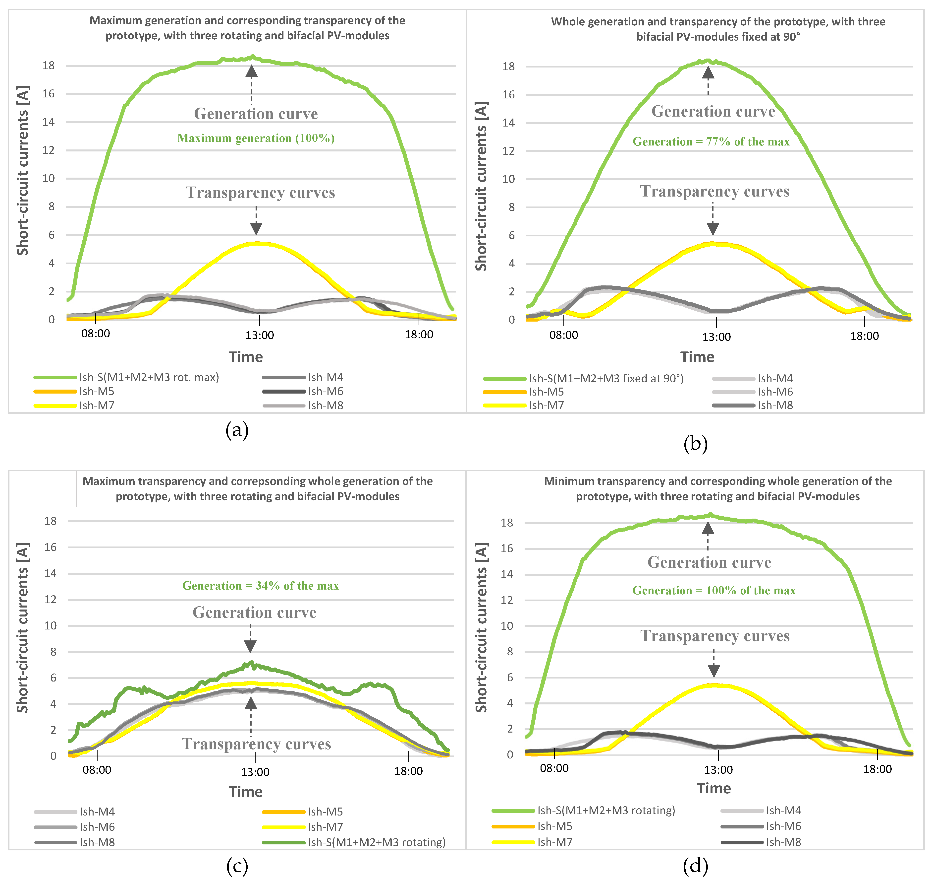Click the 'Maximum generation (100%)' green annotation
point(256,138)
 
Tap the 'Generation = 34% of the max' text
point(261,586)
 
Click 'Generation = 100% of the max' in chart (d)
point(713,590)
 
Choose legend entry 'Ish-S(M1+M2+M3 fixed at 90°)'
point(606,378)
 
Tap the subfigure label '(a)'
point(237,430)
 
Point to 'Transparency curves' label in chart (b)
point(714,191)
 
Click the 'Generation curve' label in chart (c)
point(254,613)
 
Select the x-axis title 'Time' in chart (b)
point(697,357)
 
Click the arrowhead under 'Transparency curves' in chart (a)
point(256,229)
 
